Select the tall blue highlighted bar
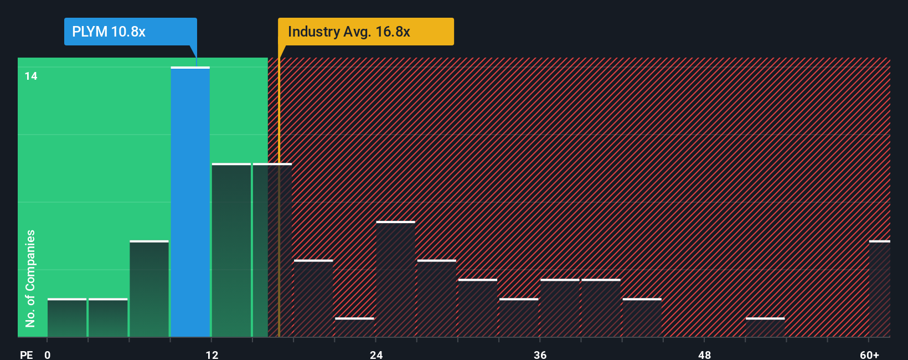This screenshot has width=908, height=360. pos(190,202)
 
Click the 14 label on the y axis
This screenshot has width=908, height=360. pos(31,76)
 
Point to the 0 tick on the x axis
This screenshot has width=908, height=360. pos(48,354)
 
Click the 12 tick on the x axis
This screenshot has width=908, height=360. pos(211,354)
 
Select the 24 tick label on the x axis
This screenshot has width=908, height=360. pos(376,354)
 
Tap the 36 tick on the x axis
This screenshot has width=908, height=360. pos(540,354)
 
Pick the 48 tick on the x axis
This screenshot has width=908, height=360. pos(704,354)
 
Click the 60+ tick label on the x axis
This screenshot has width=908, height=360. pos(869,354)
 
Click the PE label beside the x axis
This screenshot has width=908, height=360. pos(26,354)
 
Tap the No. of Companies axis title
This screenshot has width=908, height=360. pos(30,278)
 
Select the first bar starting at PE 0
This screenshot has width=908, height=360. pos(67,318)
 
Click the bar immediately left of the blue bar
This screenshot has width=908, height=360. pos(149,289)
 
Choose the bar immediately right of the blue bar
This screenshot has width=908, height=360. pos(231,250)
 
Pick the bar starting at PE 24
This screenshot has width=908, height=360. pos(395,279)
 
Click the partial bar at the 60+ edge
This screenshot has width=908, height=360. pos(879,289)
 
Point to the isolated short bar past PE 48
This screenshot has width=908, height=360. pos(765,327)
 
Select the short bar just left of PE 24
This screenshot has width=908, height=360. pos(354,327)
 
